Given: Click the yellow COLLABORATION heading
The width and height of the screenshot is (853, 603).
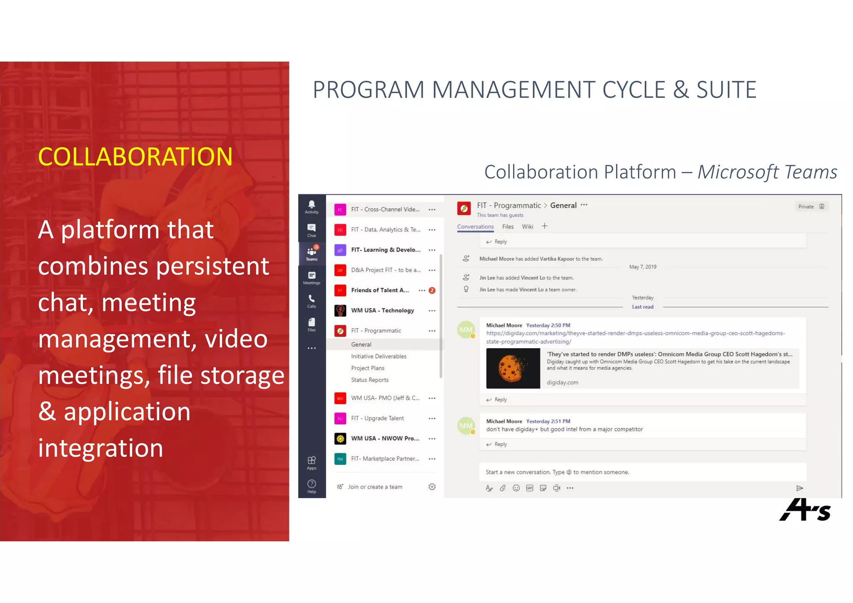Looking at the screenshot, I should [135, 157].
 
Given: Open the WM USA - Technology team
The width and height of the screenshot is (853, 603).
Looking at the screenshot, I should [382, 311].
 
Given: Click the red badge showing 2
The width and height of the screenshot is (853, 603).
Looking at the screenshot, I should [432, 290].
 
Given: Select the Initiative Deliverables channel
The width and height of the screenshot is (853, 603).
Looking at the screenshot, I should [378, 356].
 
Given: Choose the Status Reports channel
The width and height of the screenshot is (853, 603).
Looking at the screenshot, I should [369, 380].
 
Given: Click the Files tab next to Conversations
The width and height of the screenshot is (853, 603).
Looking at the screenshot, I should [508, 227].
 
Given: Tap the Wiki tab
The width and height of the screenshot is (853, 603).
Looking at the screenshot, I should [527, 227].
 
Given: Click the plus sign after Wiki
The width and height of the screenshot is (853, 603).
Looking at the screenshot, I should [544, 226].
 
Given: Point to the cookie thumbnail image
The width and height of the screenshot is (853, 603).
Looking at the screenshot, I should [513, 369].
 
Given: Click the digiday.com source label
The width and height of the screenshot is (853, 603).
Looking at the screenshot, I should [562, 382].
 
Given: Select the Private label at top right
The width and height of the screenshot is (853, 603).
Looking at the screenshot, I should [806, 207].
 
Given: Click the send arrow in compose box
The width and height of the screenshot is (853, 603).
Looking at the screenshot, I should [799, 488].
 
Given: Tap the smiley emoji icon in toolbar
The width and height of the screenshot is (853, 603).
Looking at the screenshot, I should [516, 488].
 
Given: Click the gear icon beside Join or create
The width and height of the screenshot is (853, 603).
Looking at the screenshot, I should [432, 487].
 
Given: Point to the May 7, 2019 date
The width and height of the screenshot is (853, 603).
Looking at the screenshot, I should [642, 267].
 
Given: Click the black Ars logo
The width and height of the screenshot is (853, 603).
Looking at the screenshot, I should [804, 510].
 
